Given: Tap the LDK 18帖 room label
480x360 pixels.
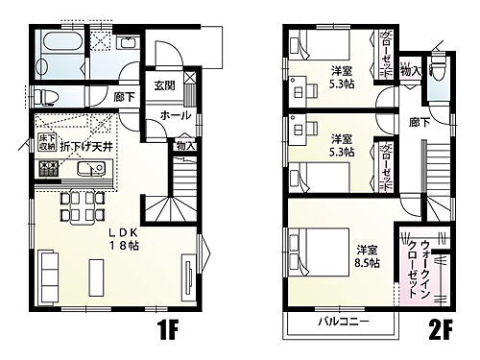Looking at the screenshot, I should click(x=123, y=237).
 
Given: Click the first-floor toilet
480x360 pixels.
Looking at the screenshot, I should click(x=50, y=97).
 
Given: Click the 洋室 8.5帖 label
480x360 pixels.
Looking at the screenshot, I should click(x=367, y=258).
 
